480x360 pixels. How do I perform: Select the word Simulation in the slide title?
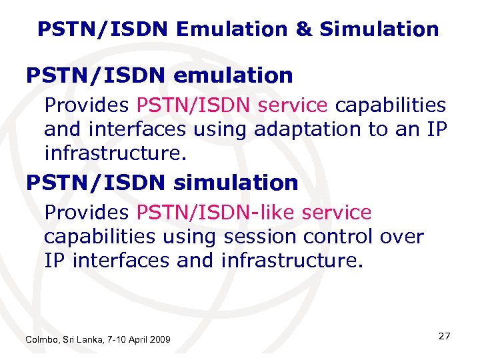(x=379, y=29)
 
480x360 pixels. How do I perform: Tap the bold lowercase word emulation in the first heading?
(x=233, y=76)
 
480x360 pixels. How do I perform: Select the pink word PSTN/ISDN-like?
(x=216, y=213)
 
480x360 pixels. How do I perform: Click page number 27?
(x=444, y=337)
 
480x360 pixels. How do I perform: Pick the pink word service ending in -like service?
(x=336, y=213)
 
